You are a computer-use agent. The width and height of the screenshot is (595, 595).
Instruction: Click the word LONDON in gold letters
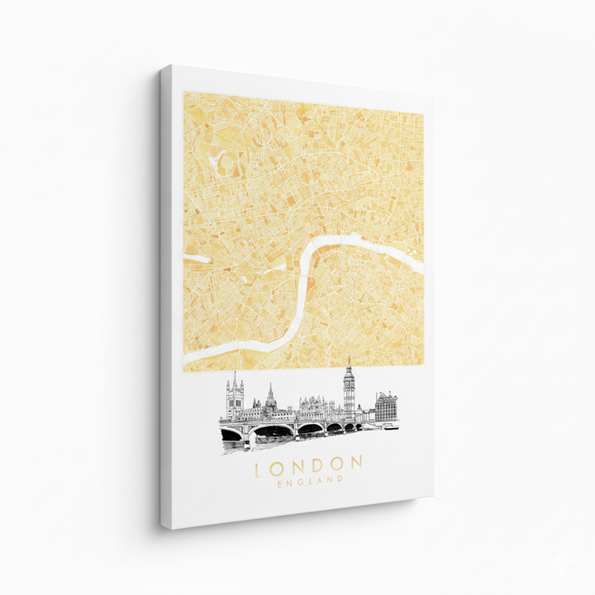click(308, 466)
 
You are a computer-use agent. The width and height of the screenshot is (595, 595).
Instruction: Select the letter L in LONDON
click(259, 468)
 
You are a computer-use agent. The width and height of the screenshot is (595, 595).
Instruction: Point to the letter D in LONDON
click(317, 466)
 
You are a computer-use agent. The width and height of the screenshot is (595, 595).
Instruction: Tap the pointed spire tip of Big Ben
click(349, 359)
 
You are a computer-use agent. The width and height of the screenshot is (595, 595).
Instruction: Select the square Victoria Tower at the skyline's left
click(235, 399)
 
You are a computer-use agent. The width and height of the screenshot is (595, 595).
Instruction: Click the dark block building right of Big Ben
click(385, 407)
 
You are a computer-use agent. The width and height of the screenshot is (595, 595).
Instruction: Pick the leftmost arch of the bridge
click(231, 433)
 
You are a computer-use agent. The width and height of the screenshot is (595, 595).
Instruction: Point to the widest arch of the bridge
click(274, 431)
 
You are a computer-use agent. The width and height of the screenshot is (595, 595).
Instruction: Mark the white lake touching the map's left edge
click(195, 259)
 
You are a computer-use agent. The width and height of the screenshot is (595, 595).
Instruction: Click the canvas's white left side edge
click(166, 297)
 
